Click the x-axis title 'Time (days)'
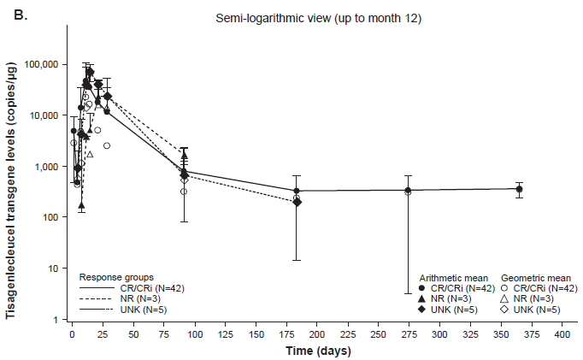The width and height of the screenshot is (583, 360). point(318,351)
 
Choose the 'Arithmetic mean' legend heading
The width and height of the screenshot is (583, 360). point(452,278)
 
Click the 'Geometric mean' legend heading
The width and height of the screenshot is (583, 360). point(533,278)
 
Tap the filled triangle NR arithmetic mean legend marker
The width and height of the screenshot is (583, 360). point(421,298)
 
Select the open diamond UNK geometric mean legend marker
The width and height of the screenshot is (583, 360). point(505,309)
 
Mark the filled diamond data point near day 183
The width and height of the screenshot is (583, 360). point(297,202)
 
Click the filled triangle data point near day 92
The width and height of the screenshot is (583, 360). point(185,156)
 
